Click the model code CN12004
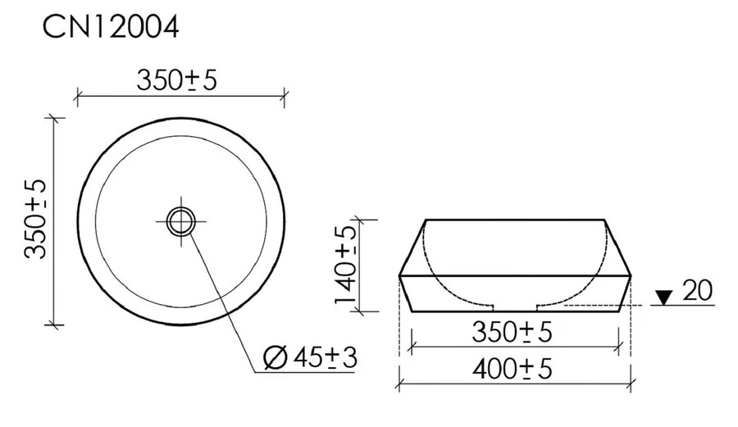111,27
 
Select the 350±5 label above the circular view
178,80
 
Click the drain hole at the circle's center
180,220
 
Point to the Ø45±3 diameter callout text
311,357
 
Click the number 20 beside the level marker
696,291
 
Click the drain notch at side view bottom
514,308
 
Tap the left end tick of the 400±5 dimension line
399,383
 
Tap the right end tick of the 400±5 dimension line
631,383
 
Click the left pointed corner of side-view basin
399,276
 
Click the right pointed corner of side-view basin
631,276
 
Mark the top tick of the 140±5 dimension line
358,220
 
